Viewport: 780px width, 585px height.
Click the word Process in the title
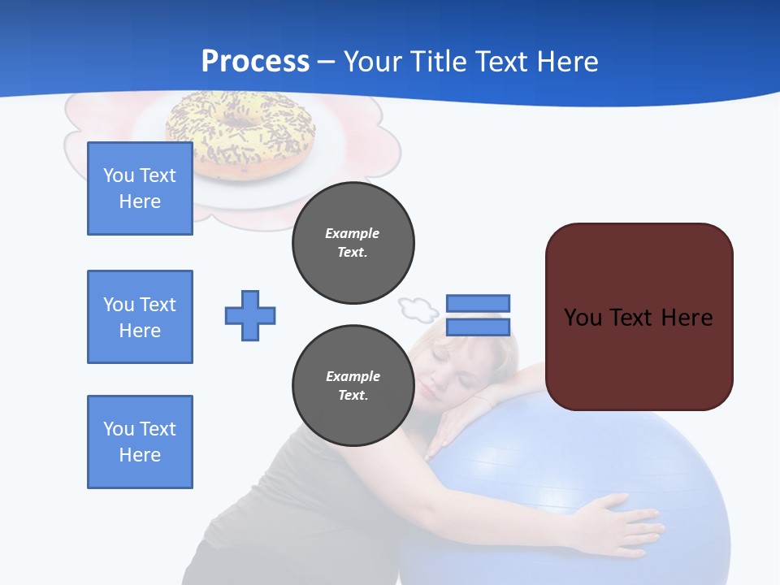click(255, 62)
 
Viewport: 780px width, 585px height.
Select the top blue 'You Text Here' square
click(140, 188)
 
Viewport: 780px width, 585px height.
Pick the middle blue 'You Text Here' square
click(140, 317)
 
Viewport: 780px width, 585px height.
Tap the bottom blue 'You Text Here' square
click(140, 442)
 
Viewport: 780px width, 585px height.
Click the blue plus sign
click(250, 315)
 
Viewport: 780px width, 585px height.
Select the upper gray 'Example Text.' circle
click(353, 243)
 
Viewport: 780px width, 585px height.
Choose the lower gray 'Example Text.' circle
click(353, 386)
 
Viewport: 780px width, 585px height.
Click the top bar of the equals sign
click(478, 303)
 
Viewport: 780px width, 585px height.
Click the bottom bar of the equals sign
click(478, 327)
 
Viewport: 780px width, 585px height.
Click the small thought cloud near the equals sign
click(418, 308)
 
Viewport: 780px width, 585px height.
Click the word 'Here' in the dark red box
click(687, 317)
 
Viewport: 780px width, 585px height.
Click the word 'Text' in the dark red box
click(633, 317)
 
